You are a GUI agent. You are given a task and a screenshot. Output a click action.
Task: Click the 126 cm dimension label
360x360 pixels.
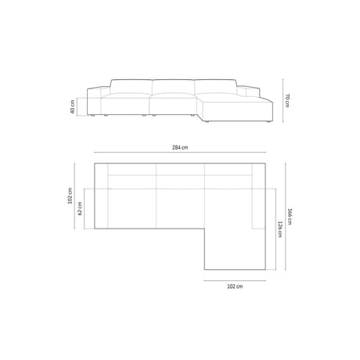click(x=278, y=231)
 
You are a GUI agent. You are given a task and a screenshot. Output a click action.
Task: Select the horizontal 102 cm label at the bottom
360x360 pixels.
click(x=235, y=286)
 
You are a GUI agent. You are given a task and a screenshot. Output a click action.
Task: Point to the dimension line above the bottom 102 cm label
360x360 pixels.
click(x=235, y=278)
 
